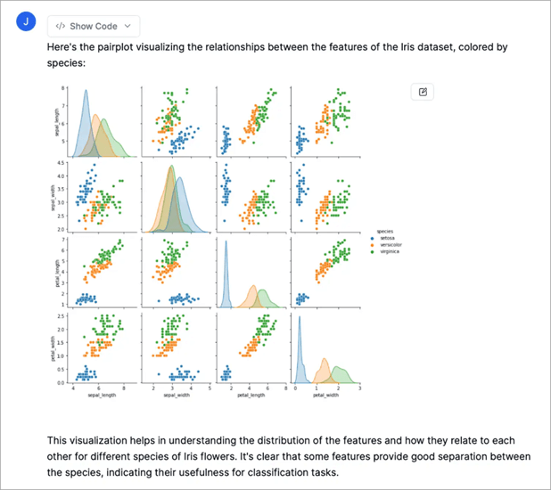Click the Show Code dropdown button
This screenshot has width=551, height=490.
[x=93, y=27]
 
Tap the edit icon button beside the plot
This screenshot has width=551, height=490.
[x=423, y=92]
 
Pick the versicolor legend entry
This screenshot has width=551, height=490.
[x=388, y=244]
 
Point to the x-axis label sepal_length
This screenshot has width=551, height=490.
[x=99, y=396]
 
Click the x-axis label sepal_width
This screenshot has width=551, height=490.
[x=176, y=396]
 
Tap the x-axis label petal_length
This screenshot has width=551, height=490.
[x=252, y=396]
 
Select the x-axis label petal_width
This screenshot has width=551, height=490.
[x=327, y=396]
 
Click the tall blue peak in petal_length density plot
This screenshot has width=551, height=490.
[x=227, y=245]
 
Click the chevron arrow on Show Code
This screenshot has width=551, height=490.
[x=128, y=27]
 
